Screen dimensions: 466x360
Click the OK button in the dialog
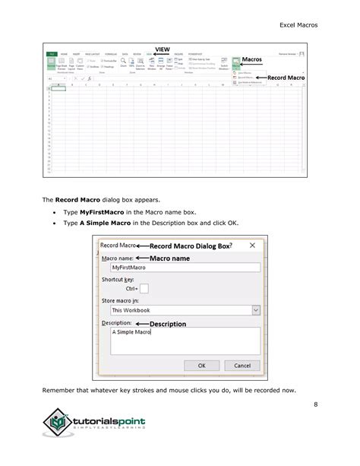tap(202, 365)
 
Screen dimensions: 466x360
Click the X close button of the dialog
tap(251, 246)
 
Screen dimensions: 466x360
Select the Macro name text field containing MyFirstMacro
tap(185, 268)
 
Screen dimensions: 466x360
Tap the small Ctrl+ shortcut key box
tap(144, 289)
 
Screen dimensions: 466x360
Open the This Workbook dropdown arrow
tap(255, 310)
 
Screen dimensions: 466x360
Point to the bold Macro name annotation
tap(169, 258)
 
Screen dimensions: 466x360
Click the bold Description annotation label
tap(169, 324)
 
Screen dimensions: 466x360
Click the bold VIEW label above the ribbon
tap(163, 49)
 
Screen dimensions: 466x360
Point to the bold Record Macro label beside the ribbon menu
tap(286, 78)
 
